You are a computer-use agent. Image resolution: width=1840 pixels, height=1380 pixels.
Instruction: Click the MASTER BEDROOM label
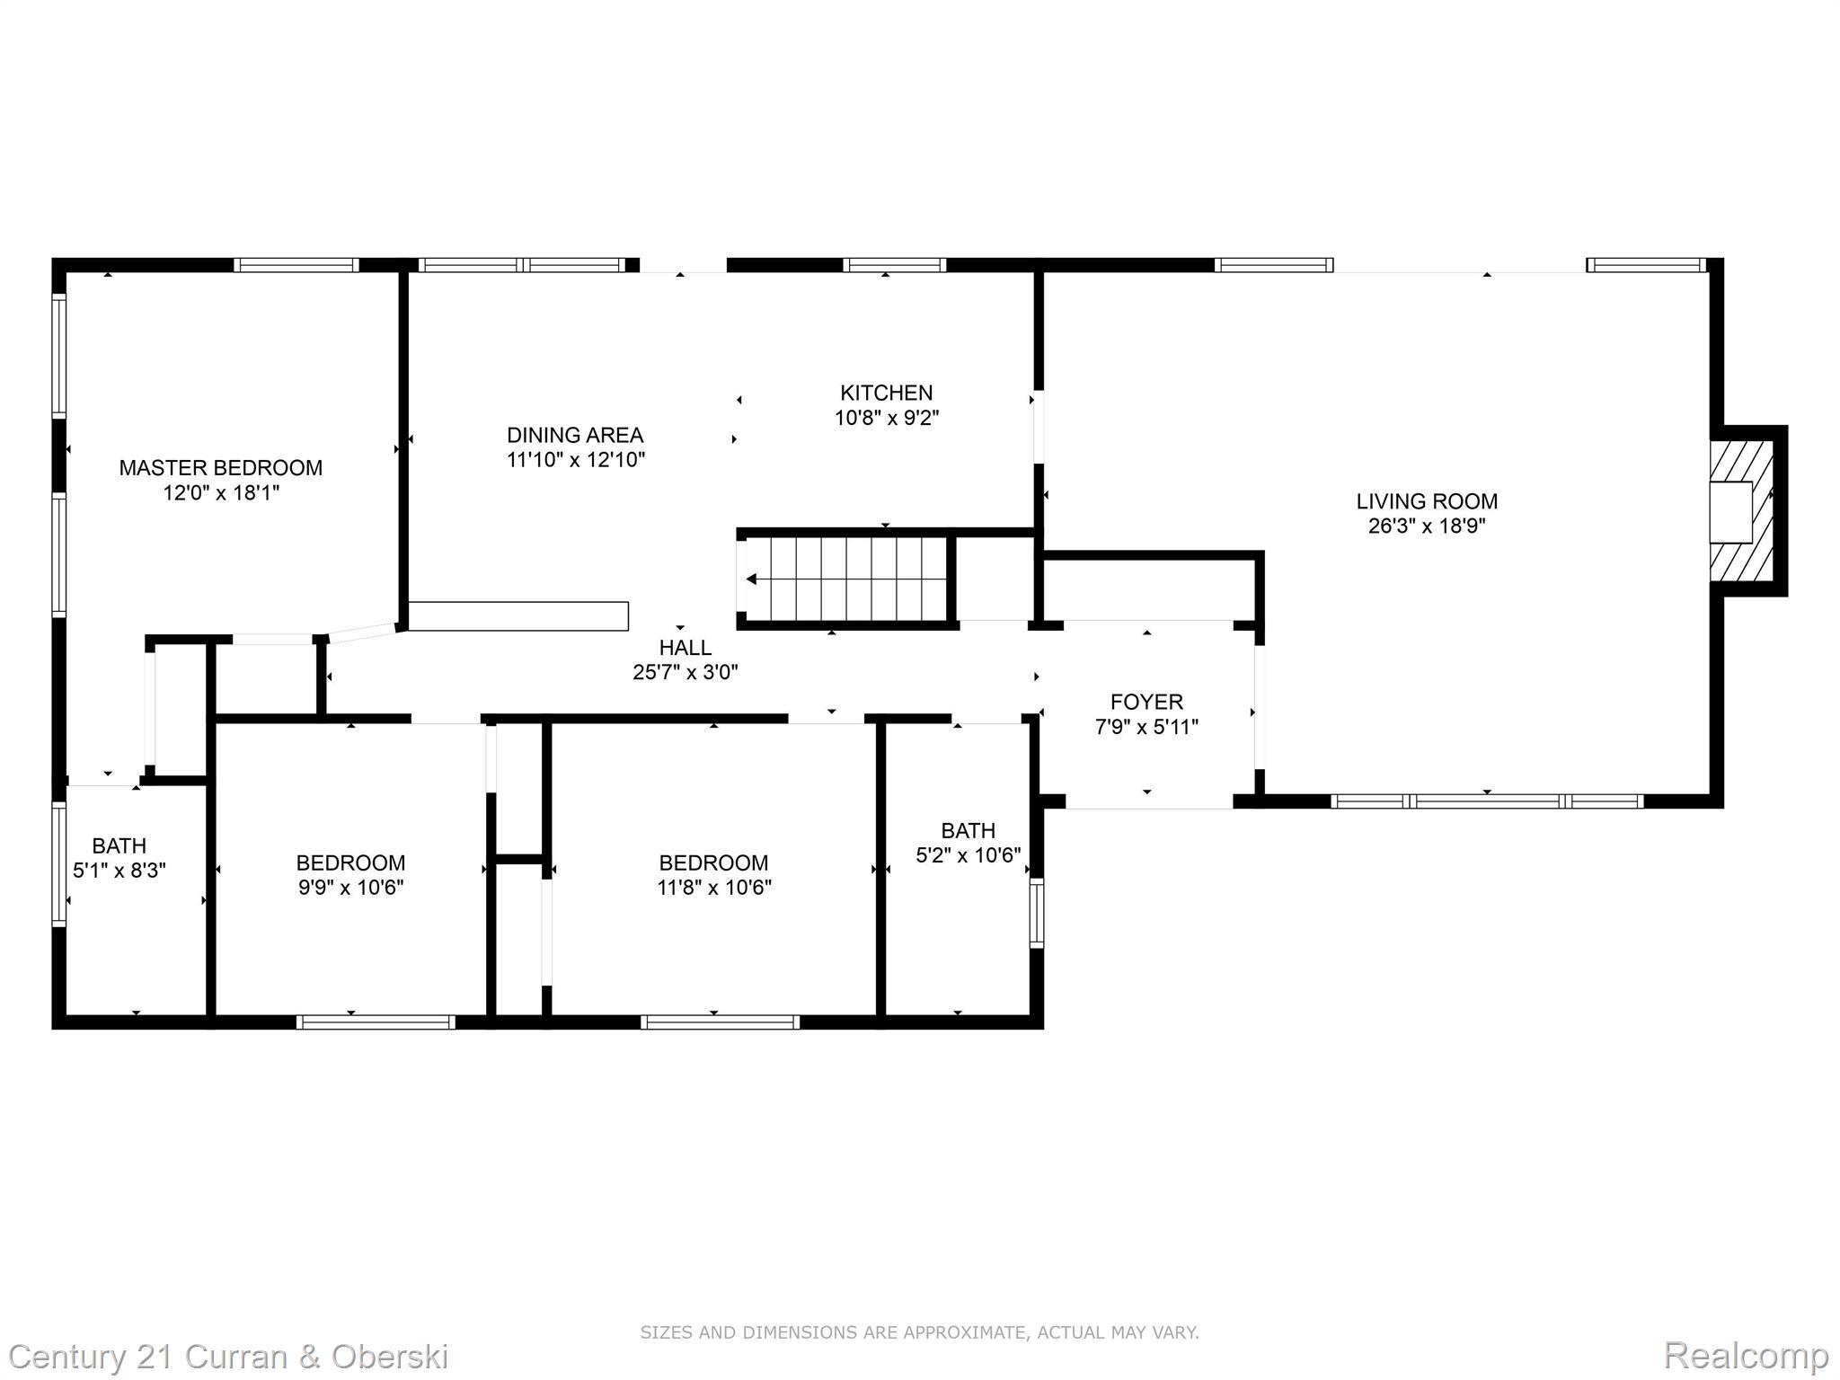[x=221, y=467]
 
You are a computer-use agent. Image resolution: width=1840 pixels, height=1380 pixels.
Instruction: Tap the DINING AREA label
[x=575, y=435]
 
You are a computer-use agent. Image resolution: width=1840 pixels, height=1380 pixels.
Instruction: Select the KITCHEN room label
[x=887, y=393]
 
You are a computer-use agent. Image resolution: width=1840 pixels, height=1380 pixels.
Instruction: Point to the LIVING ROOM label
[x=1427, y=501]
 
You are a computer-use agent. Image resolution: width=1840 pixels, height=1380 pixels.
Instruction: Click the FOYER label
[x=1146, y=702]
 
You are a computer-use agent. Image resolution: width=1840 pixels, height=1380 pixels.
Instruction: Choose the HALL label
[x=686, y=647]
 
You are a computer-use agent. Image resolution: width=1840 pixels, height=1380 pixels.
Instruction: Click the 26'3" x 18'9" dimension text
[x=1427, y=526]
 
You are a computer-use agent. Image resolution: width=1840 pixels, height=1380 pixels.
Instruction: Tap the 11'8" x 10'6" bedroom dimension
[x=714, y=888]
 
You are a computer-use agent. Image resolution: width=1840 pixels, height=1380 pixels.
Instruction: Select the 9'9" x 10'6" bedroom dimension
[x=351, y=888]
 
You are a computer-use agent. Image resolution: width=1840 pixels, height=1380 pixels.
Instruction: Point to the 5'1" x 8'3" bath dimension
[x=119, y=871]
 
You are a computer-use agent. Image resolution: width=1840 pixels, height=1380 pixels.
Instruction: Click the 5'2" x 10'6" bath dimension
[x=969, y=855]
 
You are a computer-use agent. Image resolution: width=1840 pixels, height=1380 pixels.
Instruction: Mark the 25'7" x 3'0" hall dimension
[x=686, y=672]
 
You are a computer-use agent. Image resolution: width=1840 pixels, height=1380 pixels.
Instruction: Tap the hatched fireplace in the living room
[x=1741, y=510]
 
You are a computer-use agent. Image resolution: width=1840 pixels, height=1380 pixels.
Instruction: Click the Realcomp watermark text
[x=1746, y=1355]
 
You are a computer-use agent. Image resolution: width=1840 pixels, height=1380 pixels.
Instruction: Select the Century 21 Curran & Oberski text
[x=229, y=1356]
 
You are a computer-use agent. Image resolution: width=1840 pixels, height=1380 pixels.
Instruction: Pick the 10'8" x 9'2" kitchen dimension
[x=887, y=418]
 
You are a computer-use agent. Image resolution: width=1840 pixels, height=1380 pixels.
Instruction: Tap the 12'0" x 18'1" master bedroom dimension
[x=221, y=492]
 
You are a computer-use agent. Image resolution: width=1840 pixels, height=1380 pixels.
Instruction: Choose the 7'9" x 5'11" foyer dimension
[x=1146, y=727]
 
